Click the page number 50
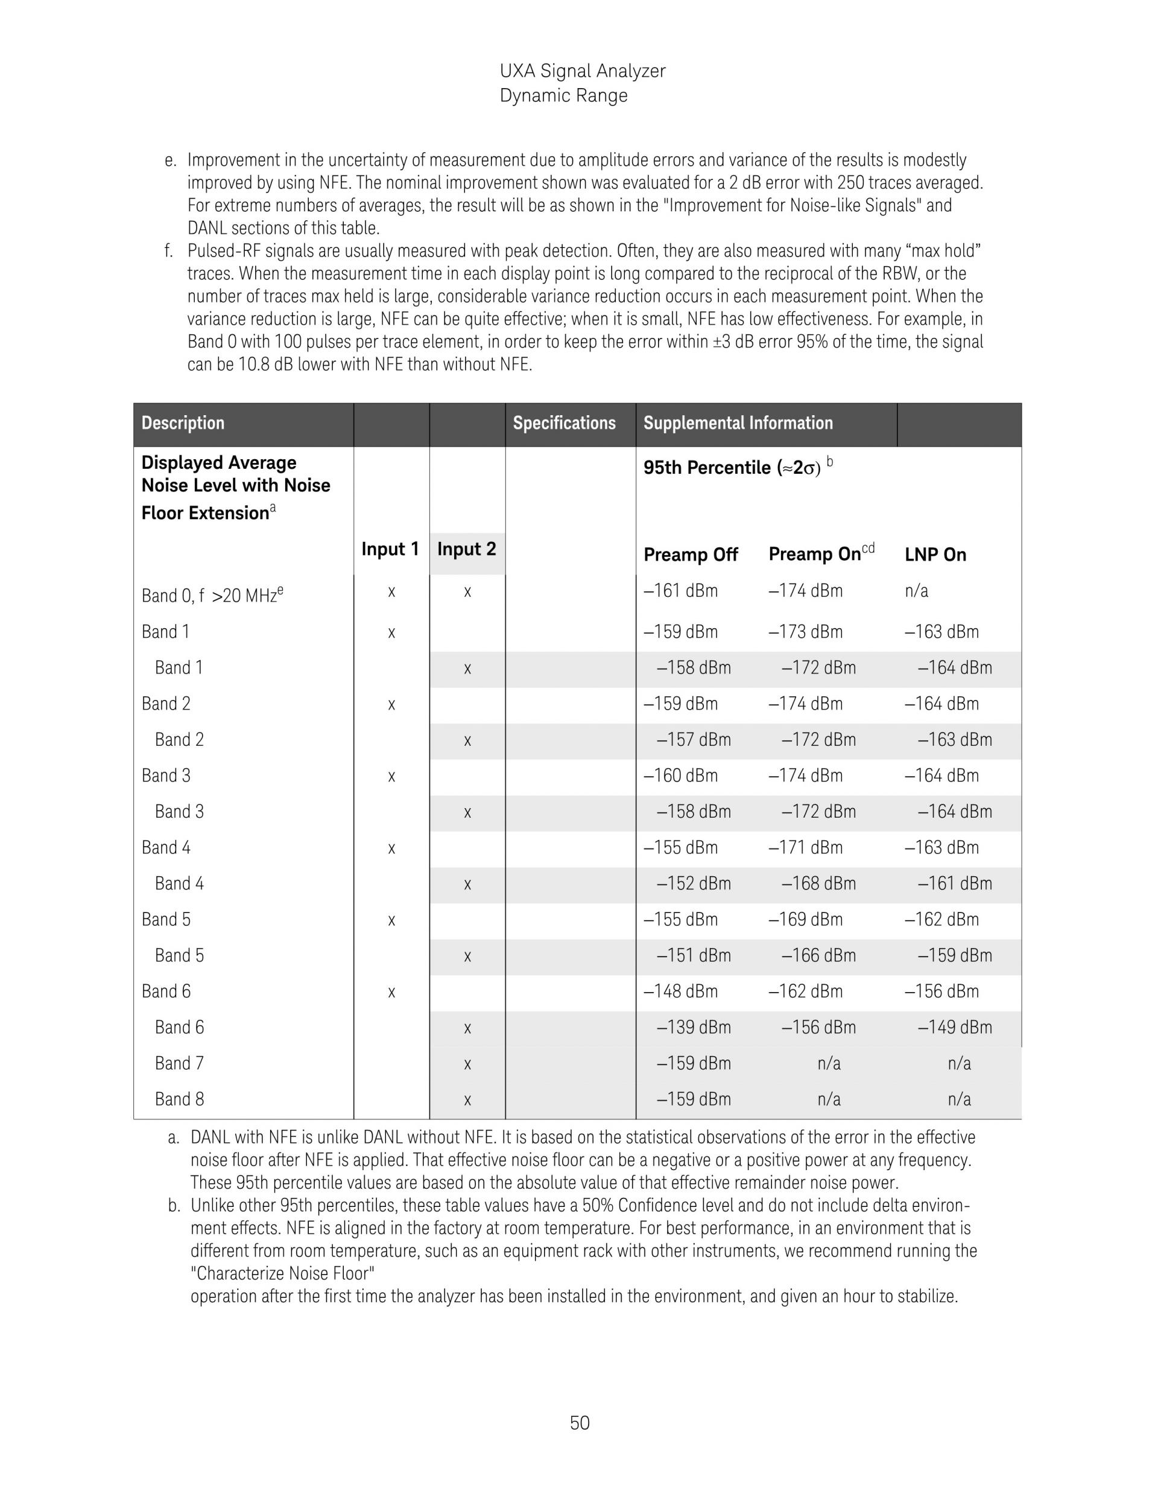(x=579, y=1423)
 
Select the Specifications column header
(x=564, y=423)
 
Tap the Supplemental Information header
(x=738, y=423)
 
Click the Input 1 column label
(x=390, y=549)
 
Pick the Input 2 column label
(x=466, y=549)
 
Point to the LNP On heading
(x=935, y=555)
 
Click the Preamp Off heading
(x=690, y=555)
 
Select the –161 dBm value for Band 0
(x=680, y=591)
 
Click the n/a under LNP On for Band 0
(x=916, y=591)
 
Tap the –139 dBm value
(x=694, y=1028)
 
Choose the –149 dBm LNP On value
(x=955, y=1028)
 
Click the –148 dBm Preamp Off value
(x=680, y=991)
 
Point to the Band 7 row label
(x=179, y=1063)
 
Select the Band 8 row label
(x=179, y=1099)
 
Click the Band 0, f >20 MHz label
(x=212, y=594)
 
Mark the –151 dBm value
(x=694, y=955)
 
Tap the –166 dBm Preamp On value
(x=818, y=955)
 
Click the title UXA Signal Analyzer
(x=583, y=71)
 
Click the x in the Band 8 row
(x=467, y=1100)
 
